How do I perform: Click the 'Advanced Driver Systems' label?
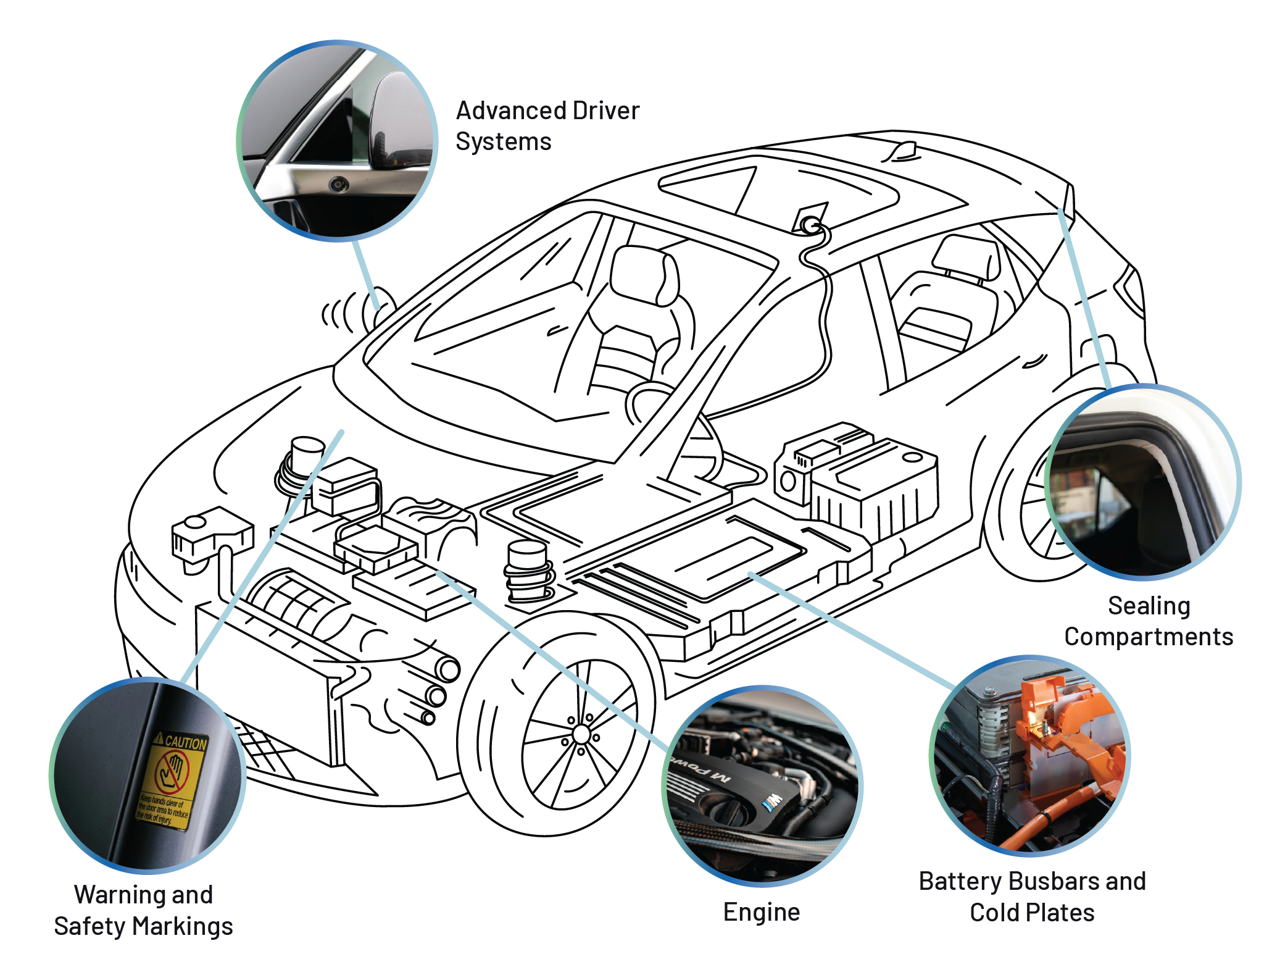547,126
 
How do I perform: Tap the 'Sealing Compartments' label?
1148,621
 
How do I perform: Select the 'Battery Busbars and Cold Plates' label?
1032,897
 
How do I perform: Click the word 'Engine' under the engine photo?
762,912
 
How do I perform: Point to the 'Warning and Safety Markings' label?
143,910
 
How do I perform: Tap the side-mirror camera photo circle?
337,141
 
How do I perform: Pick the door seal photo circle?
1142,482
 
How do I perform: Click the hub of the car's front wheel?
581,734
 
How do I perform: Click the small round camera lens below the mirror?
338,183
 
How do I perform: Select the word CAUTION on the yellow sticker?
185,742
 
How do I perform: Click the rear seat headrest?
966,256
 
